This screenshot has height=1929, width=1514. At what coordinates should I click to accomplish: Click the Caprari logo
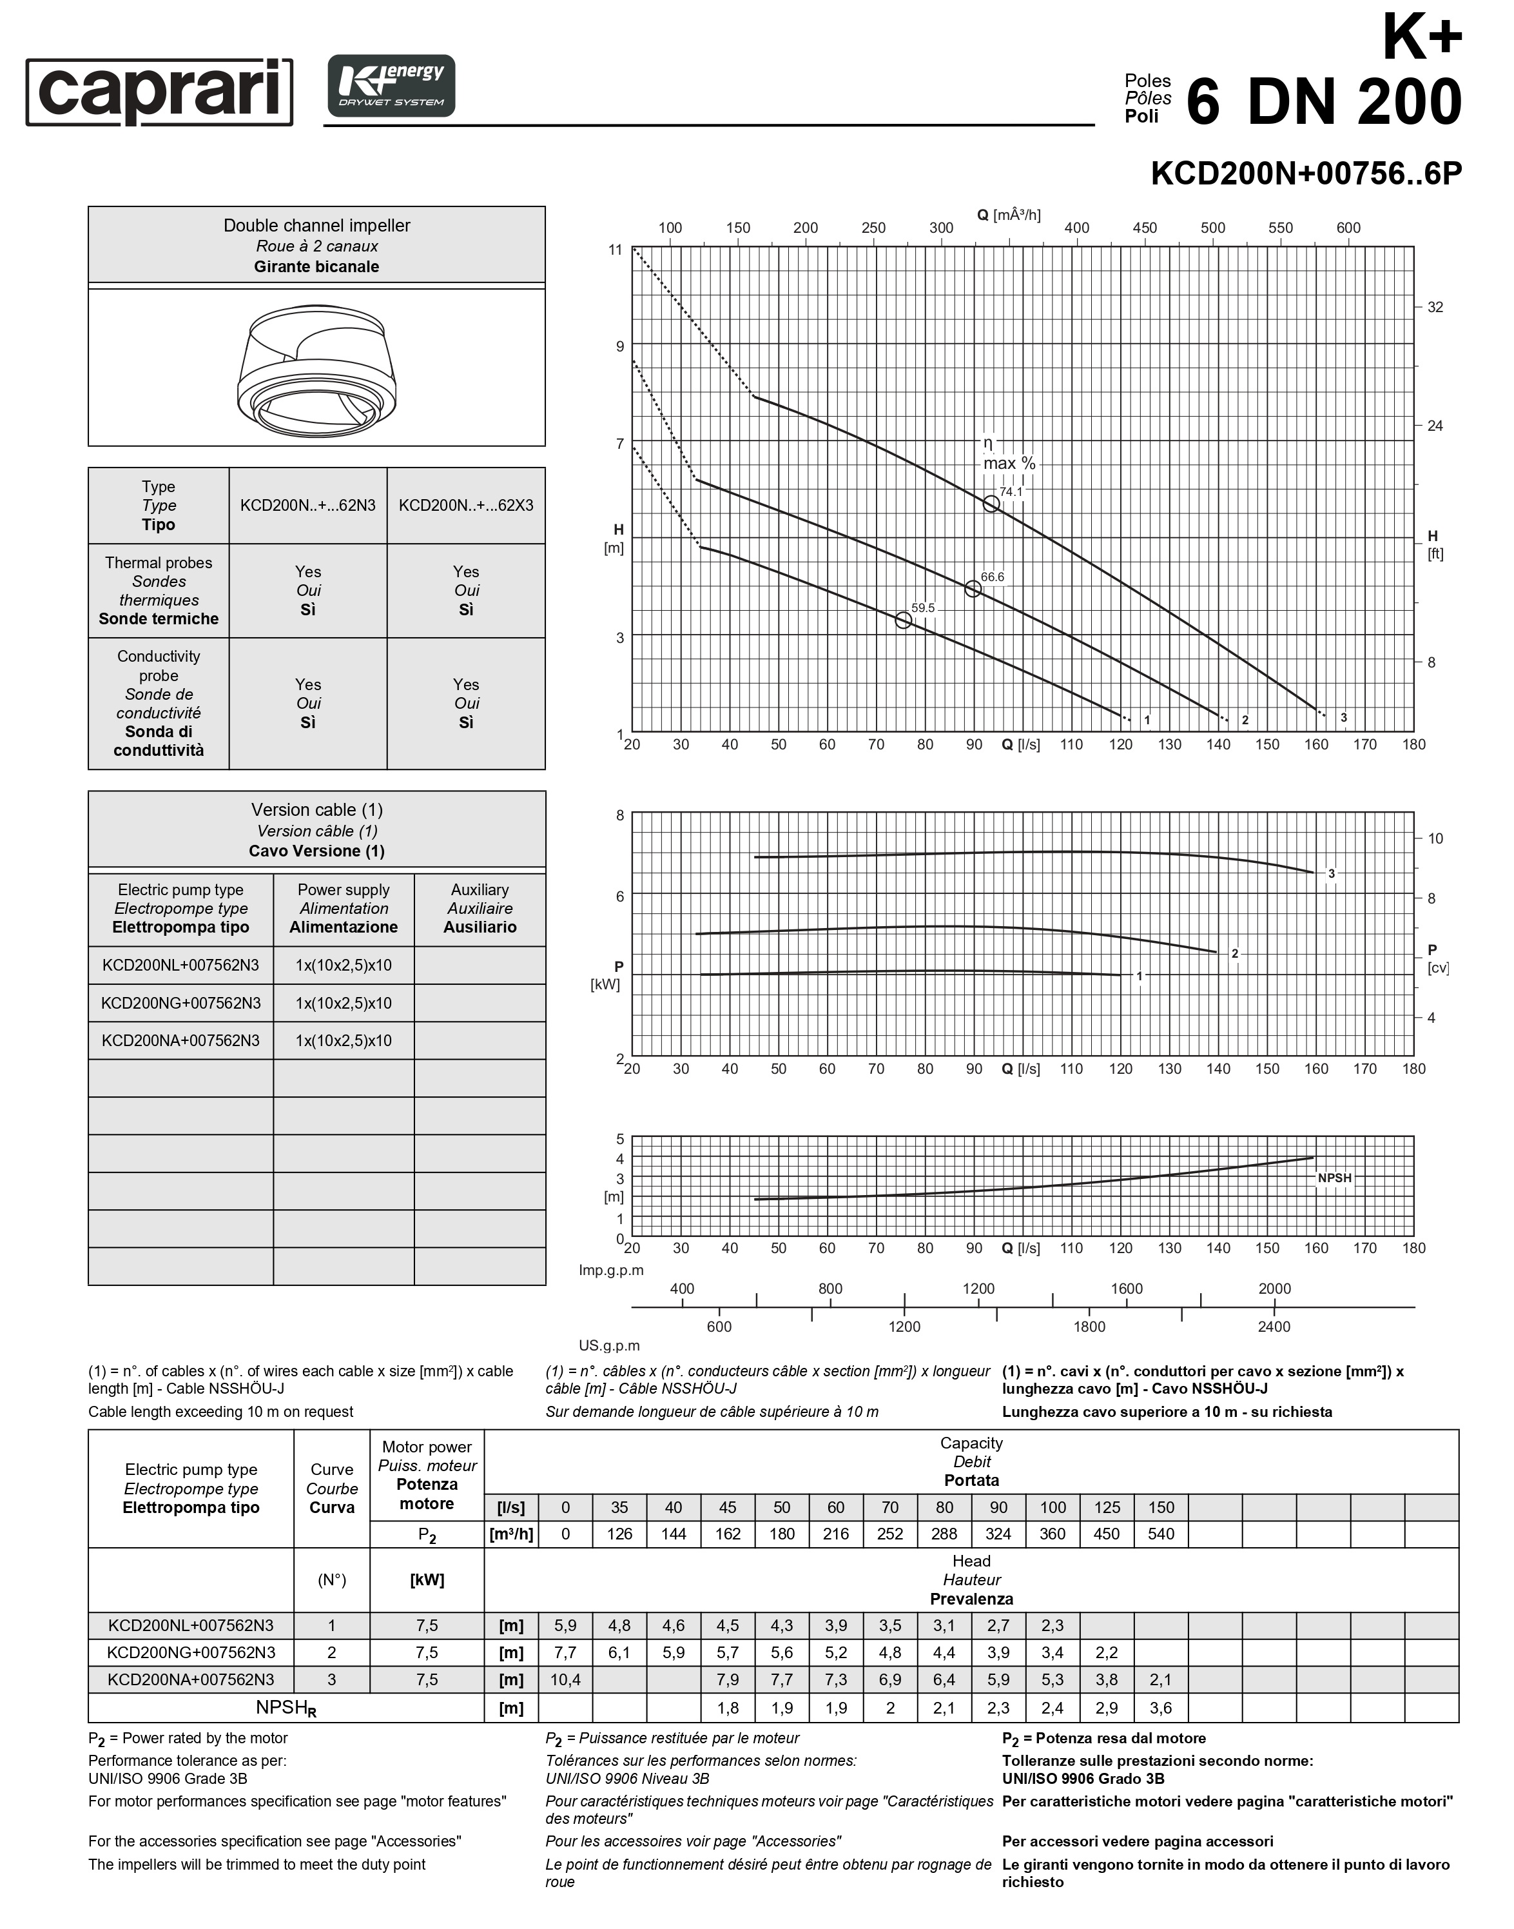point(160,92)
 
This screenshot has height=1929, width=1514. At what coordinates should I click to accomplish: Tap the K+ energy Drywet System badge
point(391,86)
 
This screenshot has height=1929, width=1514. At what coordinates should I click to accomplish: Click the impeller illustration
point(316,370)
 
